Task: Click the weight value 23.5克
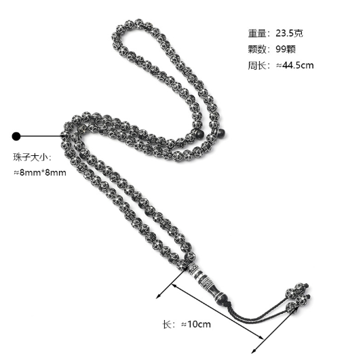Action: click(289, 33)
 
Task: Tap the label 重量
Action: click(257, 33)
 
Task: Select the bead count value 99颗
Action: click(286, 49)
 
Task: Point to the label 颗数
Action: click(257, 49)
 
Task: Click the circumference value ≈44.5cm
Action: click(294, 65)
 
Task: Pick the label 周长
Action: click(257, 65)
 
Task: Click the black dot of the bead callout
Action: click(16, 136)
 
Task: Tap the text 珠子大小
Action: click(31, 157)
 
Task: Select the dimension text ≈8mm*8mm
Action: click(40, 173)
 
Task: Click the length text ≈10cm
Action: click(196, 324)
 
